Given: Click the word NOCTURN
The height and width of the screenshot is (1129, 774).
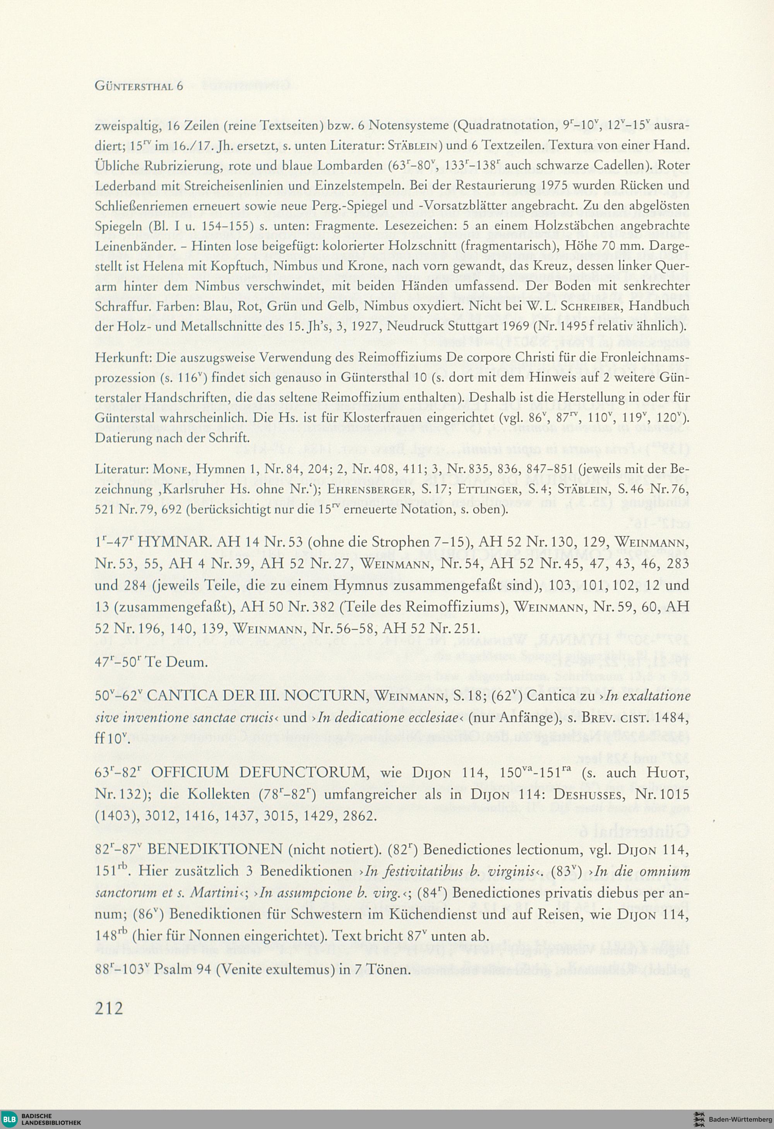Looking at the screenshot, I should click(330, 696).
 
